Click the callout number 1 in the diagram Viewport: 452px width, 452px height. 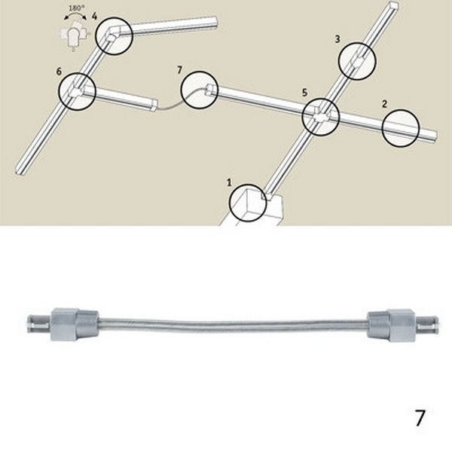[229, 182]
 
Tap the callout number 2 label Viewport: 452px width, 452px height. [384, 104]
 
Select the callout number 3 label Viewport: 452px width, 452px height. [337, 39]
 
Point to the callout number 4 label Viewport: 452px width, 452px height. [94, 16]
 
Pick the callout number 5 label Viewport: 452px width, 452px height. [304, 93]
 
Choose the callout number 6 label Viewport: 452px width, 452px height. [59, 72]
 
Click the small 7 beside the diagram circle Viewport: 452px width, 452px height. [179, 70]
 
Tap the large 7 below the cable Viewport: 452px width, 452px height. [420, 418]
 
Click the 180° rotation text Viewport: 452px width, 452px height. [75, 8]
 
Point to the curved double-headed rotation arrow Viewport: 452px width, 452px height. [75, 15]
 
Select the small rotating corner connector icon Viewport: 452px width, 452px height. [73, 37]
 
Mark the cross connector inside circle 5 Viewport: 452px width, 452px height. [320, 116]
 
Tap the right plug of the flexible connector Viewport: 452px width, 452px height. [404, 324]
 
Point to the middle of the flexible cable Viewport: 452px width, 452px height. [234, 323]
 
